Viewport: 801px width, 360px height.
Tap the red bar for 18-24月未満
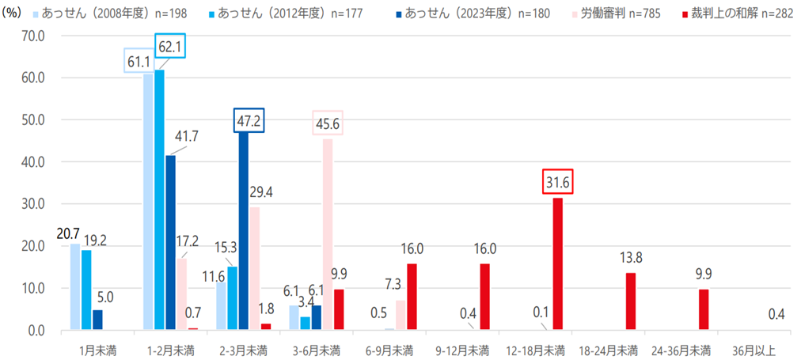(x=630, y=301)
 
